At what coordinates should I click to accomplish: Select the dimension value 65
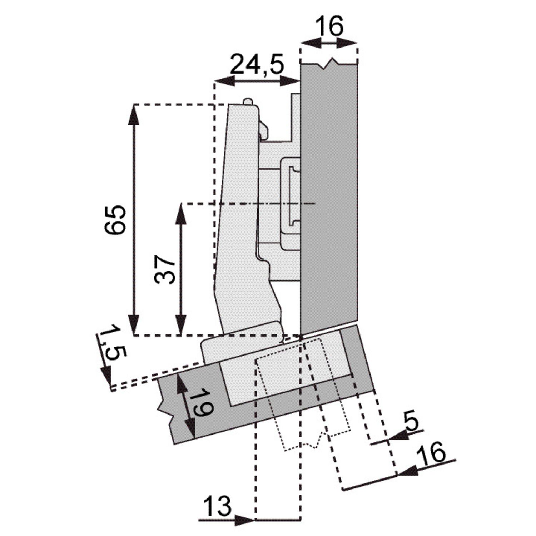115,220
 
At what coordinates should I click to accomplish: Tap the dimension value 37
165,269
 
